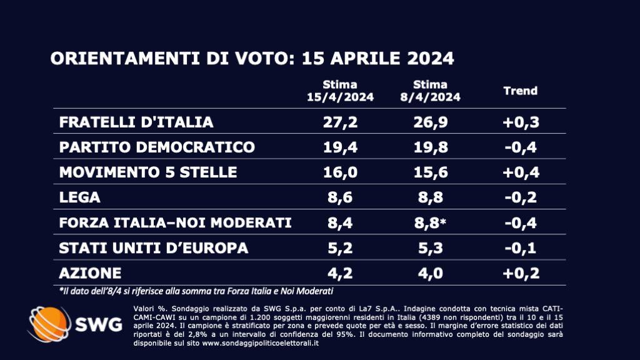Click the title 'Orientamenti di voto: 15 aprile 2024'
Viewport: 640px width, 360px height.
click(x=252, y=59)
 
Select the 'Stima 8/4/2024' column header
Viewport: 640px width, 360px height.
click(x=430, y=91)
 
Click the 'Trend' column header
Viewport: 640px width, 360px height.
click(x=520, y=91)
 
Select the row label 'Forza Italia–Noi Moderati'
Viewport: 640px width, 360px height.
click(x=176, y=222)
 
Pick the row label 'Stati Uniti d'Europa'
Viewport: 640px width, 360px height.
click(x=154, y=247)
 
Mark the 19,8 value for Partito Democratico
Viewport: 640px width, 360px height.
click(x=430, y=147)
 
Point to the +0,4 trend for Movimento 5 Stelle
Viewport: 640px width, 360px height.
click(x=520, y=172)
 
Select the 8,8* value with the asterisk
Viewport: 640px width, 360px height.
click(x=432, y=222)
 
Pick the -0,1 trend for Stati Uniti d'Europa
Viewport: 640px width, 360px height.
click(x=520, y=247)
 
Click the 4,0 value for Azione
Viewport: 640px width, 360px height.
click(x=430, y=272)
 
